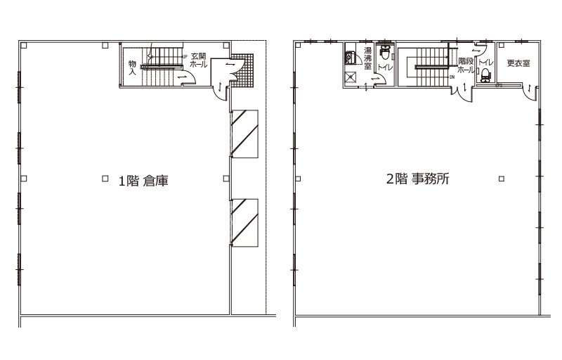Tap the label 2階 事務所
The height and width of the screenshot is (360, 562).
(418, 179)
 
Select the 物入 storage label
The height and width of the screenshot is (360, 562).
(132, 67)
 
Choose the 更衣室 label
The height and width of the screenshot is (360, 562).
(518, 63)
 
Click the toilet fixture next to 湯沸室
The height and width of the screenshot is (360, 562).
(384, 53)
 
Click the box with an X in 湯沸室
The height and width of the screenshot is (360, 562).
(350, 78)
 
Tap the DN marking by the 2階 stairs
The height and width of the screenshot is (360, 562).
(452, 78)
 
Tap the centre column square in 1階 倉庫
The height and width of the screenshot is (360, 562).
(105, 177)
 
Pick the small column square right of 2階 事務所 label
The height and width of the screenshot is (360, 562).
(500, 179)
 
